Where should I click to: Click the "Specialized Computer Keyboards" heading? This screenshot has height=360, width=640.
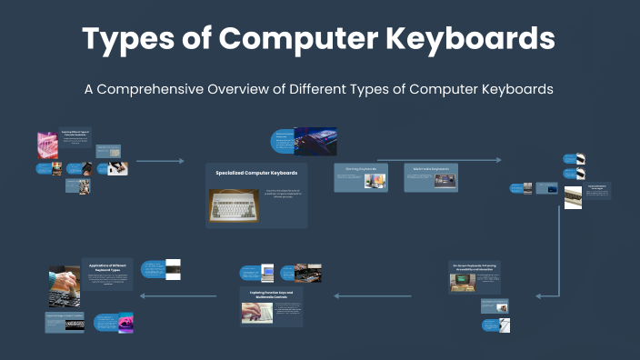pos(256,172)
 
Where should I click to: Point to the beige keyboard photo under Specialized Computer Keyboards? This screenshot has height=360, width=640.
pos(234,205)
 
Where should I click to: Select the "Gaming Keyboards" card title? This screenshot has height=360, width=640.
pos(354,169)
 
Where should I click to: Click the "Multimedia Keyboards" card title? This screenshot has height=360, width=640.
pos(429,169)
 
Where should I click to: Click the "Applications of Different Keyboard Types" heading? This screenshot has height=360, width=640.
pos(110,266)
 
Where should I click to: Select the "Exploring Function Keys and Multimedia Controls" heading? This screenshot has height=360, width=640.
pos(271,295)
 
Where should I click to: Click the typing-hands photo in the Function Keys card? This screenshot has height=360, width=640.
pos(256,312)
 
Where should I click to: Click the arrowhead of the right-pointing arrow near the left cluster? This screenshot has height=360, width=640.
pos(181,162)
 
